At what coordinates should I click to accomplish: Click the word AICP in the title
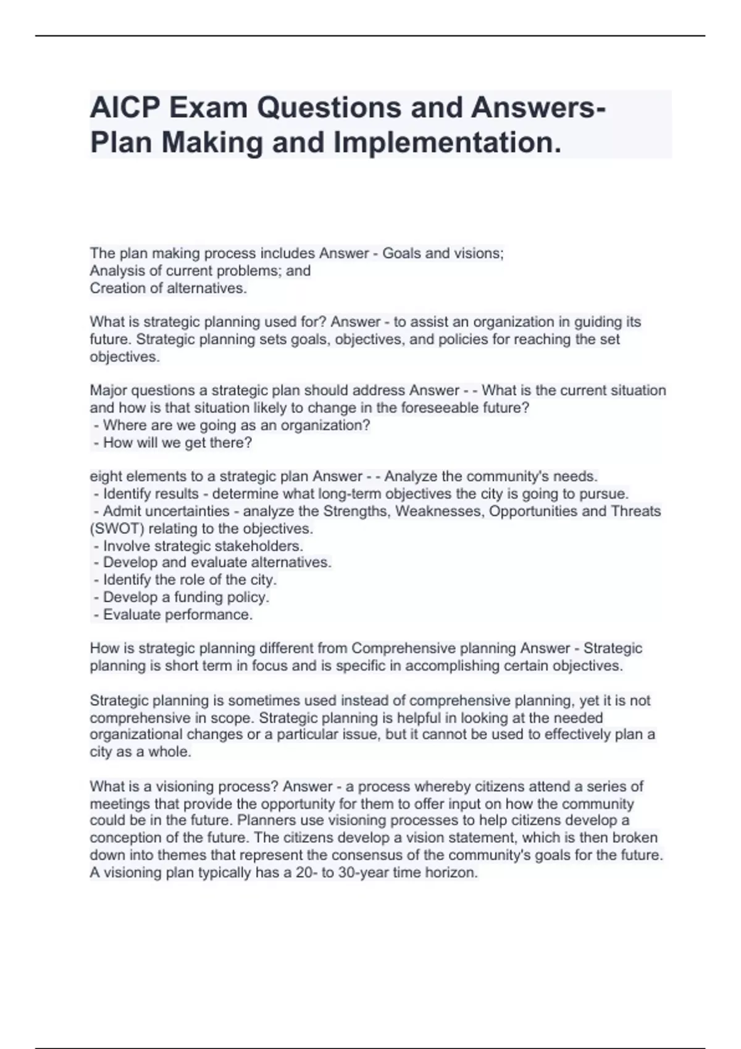(124, 108)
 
